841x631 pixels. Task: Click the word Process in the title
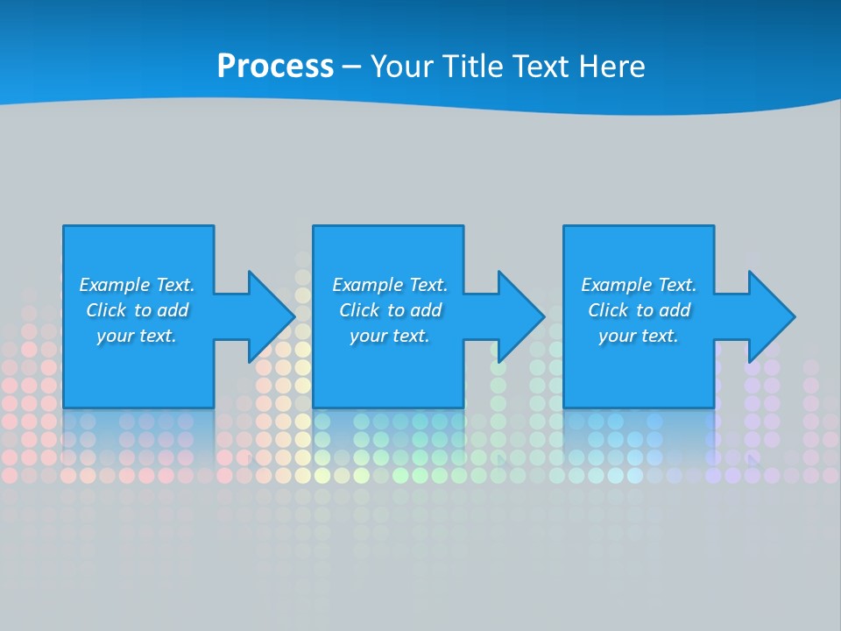pos(275,67)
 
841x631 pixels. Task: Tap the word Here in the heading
pos(610,67)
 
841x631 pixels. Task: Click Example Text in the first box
pos(137,285)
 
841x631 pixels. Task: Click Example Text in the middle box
pos(390,285)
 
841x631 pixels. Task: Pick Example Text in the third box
pos(639,285)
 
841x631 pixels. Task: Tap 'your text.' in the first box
pos(137,336)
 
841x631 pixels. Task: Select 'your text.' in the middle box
pos(390,336)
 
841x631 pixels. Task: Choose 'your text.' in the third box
pos(639,336)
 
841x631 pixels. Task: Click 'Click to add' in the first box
pos(137,310)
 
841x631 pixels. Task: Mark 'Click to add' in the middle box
pos(390,310)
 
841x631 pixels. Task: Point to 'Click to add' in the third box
pos(639,310)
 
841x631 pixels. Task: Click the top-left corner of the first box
pos(64,226)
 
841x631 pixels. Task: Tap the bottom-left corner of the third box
pos(564,407)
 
